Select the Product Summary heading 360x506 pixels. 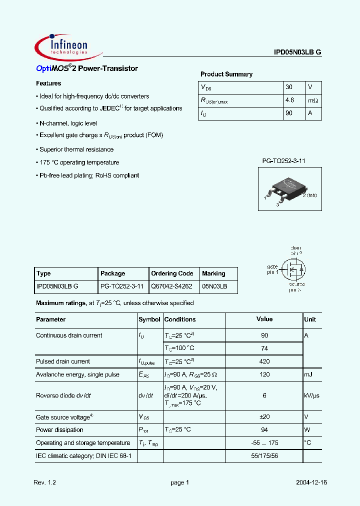[226, 74]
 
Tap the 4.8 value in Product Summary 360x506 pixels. [289, 100]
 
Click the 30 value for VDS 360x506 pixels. [288, 87]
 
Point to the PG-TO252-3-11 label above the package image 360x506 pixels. [283, 160]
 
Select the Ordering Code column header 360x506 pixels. [172, 273]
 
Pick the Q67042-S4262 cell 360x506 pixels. [171, 287]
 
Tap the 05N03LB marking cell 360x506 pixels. [214, 287]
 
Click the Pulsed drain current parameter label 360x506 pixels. [63, 361]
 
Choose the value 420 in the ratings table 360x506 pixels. [264, 361]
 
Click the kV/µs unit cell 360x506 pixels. [312, 395]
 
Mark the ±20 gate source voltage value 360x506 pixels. [264, 417]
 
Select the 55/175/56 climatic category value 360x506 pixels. [264, 456]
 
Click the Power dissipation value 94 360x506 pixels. [264, 430]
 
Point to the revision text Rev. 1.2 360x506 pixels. [45, 482]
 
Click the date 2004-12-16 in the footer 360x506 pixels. [310, 482]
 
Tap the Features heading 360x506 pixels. [48, 83]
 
